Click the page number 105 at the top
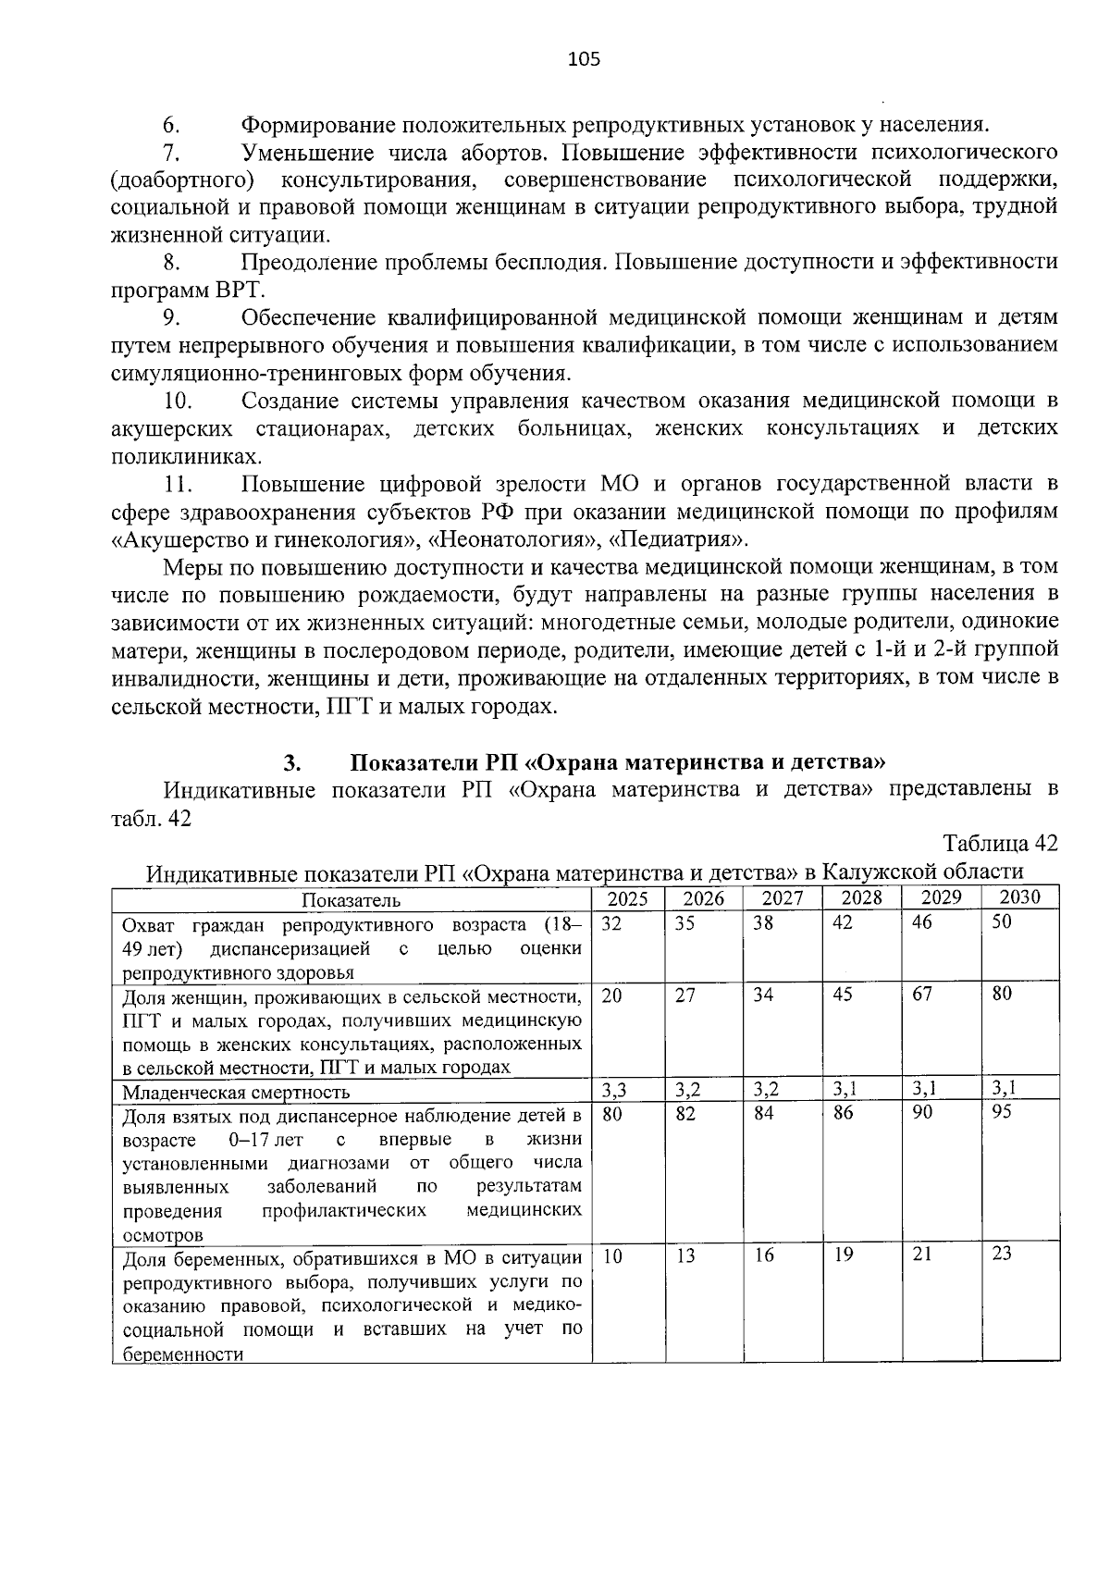584,60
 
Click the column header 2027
782,897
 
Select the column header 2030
1019,896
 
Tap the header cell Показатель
351,900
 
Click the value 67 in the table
921,994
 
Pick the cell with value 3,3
615,1089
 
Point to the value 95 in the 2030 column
1002,1112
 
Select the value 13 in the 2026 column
685,1256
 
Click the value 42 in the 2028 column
842,923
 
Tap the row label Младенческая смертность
236,1093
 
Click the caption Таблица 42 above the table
999,844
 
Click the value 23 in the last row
1001,1255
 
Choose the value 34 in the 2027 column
763,995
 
